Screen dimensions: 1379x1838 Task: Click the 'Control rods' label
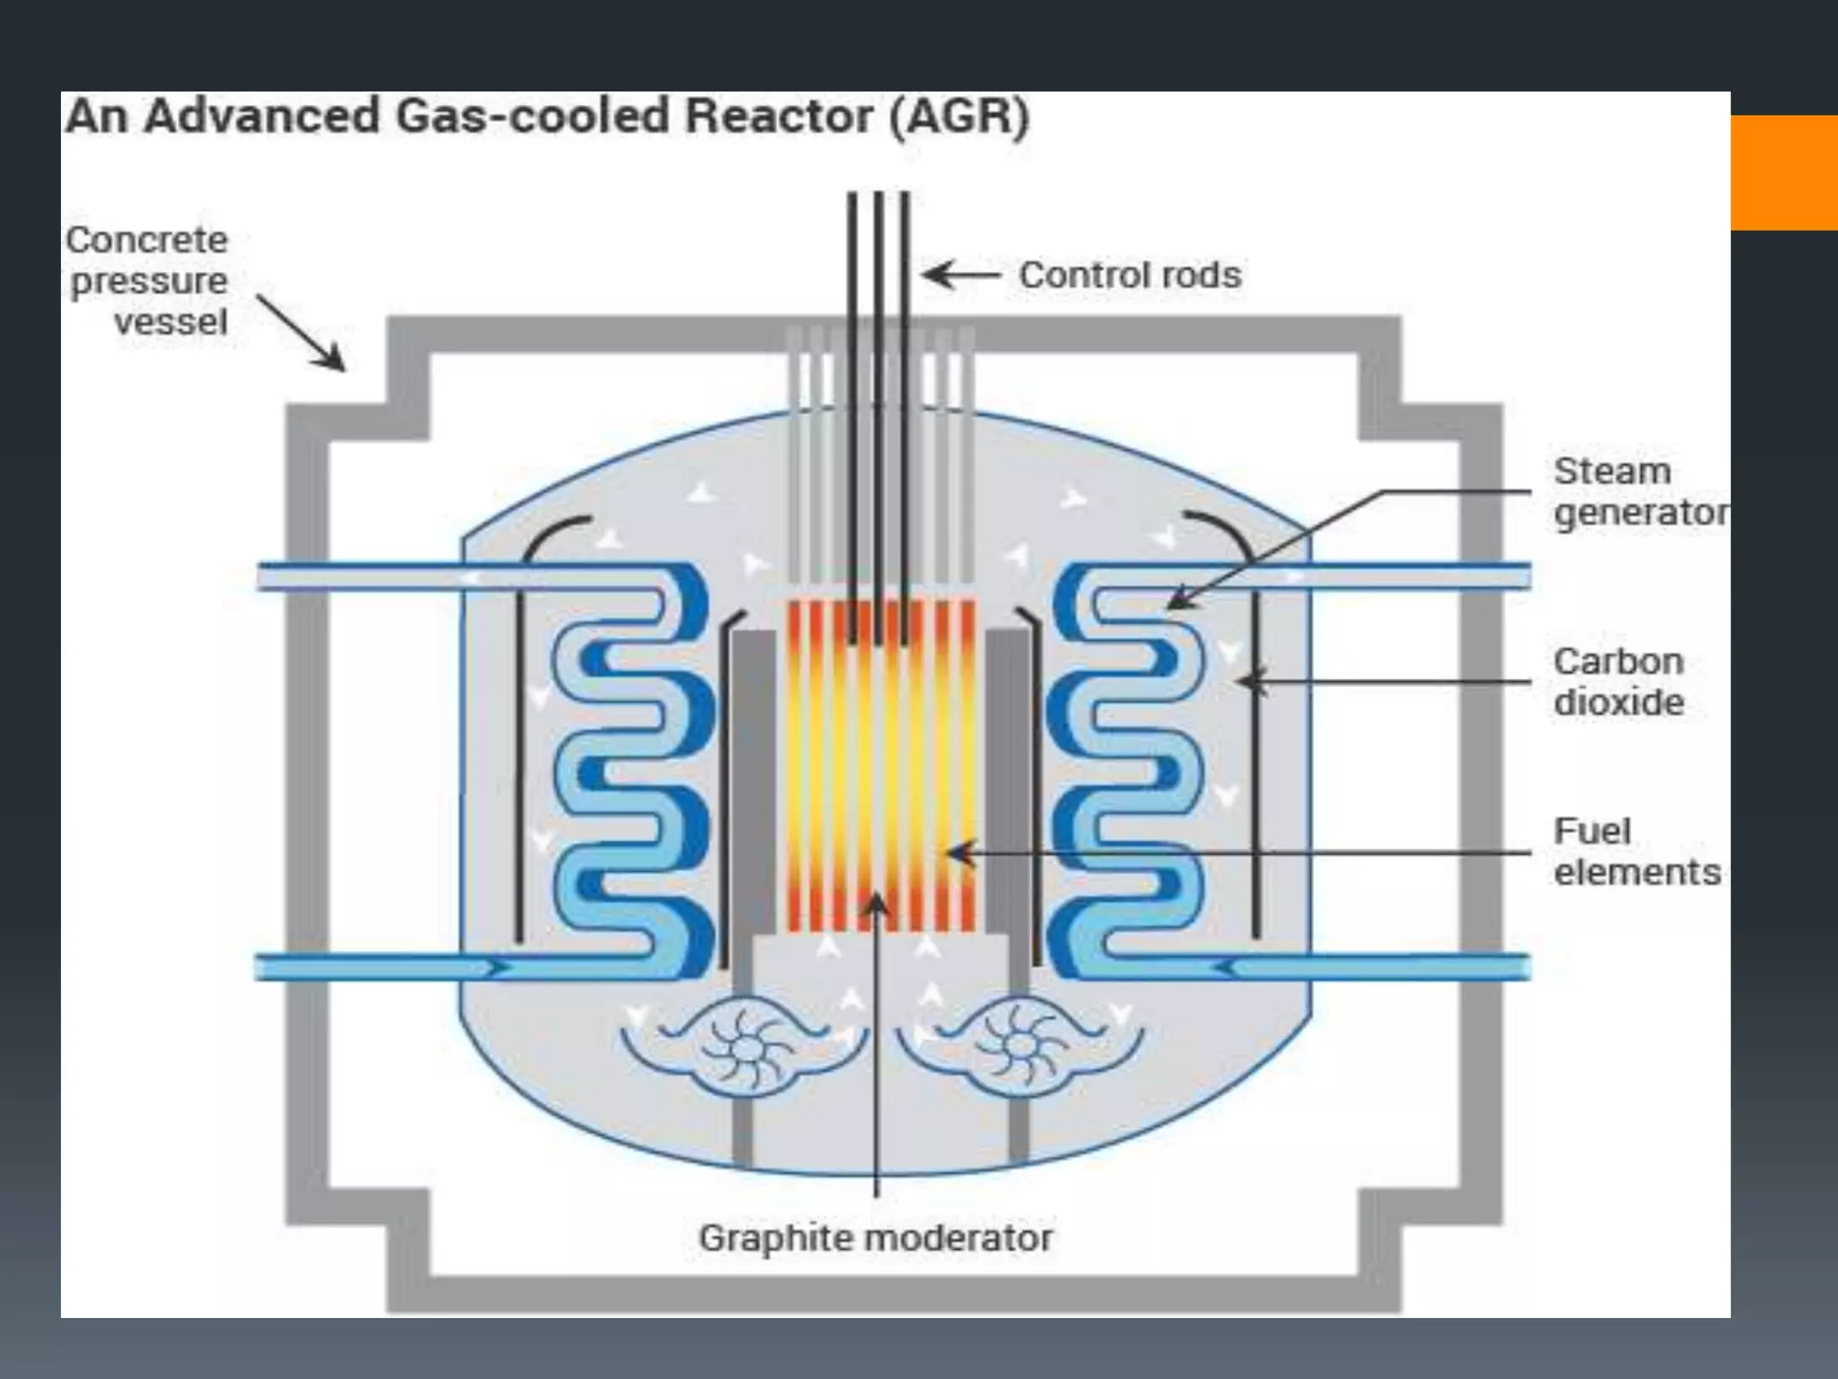pyautogui.click(x=1129, y=276)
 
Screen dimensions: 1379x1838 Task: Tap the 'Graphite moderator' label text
pyautogui.click(x=875, y=1238)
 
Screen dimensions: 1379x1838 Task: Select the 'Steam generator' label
pyautogui.click(x=1639, y=492)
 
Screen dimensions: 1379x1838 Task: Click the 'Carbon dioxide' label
pyautogui.click(x=1618, y=681)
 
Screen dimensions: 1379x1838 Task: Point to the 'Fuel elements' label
pyautogui.click(x=1636, y=851)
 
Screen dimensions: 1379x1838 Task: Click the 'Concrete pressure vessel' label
pyautogui.click(x=147, y=280)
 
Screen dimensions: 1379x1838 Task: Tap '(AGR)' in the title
pyautogui.click(x=958, y=117)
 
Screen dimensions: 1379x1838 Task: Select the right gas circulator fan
pyautogui.click(x=1020, y=1047)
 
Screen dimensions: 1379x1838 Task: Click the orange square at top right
pyautogui.click(x=1784, y=172)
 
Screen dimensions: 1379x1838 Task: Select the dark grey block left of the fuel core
pyautogui.click(x=753, y=781)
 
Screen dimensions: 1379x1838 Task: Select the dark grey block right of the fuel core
pyautogui.click(x=1008, y=781)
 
